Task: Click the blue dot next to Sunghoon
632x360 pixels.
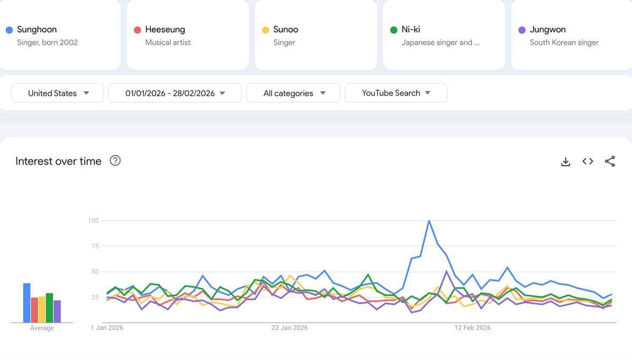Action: click(x=9, y=30)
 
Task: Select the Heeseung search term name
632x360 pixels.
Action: click(x=165, y=29)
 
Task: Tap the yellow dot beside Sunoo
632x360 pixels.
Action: click(x=265, y=30)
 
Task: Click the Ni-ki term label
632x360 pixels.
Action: click(x=411, y=29)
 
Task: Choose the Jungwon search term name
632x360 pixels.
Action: click(x=548, y=29)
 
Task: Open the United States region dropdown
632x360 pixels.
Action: click(x=57, y=93)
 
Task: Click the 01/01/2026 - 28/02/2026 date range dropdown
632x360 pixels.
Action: click(x=175, y=93)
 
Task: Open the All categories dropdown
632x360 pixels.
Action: click(x=293, y=93)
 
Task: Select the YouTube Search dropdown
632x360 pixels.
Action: click(x=396, y=93)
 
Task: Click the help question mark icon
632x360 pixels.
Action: click(x=115, y=161)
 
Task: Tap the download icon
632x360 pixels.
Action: click(x=566, y=162)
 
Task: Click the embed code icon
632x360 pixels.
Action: click(x=588, y=162)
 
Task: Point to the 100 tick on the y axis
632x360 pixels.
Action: click(x=93, y=221)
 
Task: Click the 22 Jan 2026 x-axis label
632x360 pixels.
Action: click(x=290, y=328)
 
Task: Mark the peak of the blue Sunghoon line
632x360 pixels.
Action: click(x=429, y=221)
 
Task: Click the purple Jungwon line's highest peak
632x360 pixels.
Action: click(x=447, y=272)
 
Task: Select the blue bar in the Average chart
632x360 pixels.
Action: click(x=26, y=303)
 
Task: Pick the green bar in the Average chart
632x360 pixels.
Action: click(x=50, y=307)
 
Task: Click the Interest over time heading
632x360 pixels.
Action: click(x=58, y=161)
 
